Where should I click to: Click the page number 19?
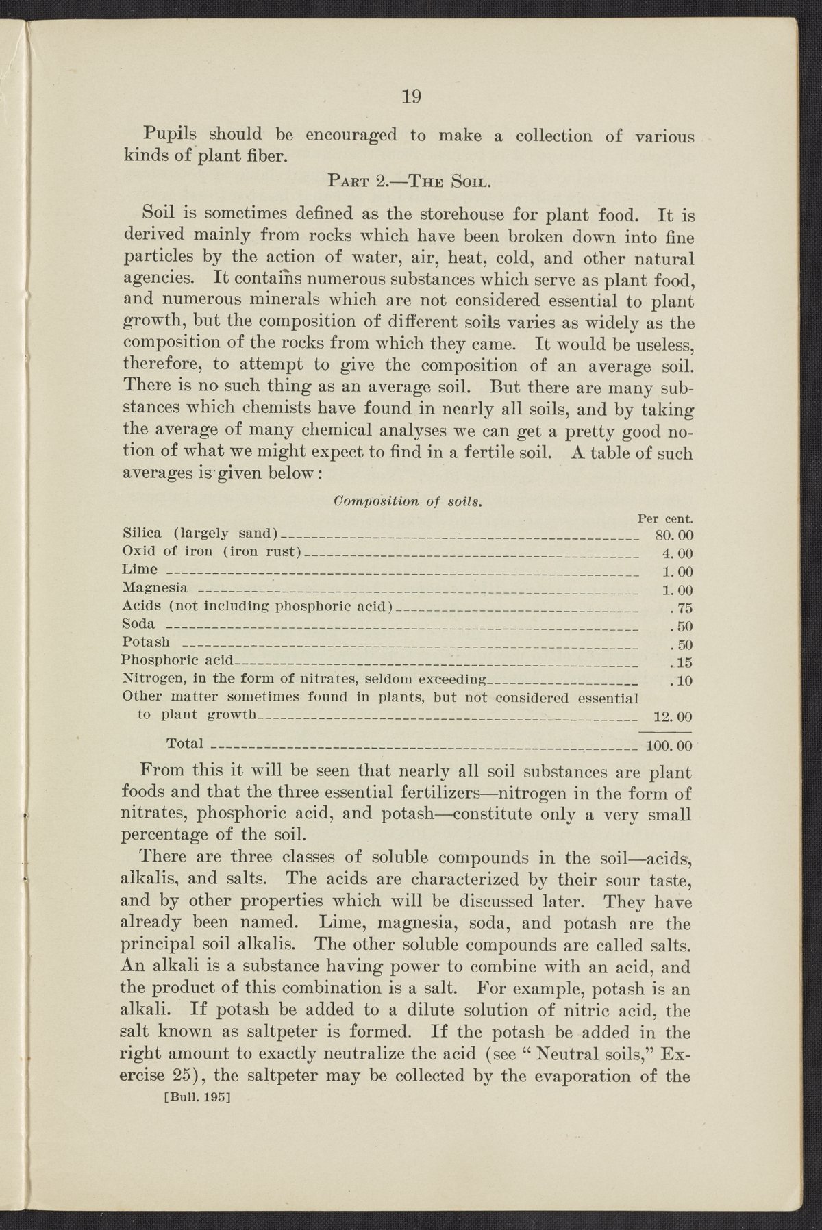[x=411, y=97]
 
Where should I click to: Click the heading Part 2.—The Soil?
[x=410, y=182]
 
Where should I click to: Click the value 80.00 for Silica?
[x=675, y=536]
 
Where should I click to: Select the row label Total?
[x=186, y=743]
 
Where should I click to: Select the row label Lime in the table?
[x=139, y=569]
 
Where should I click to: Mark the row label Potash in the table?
[x=144, y=642]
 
